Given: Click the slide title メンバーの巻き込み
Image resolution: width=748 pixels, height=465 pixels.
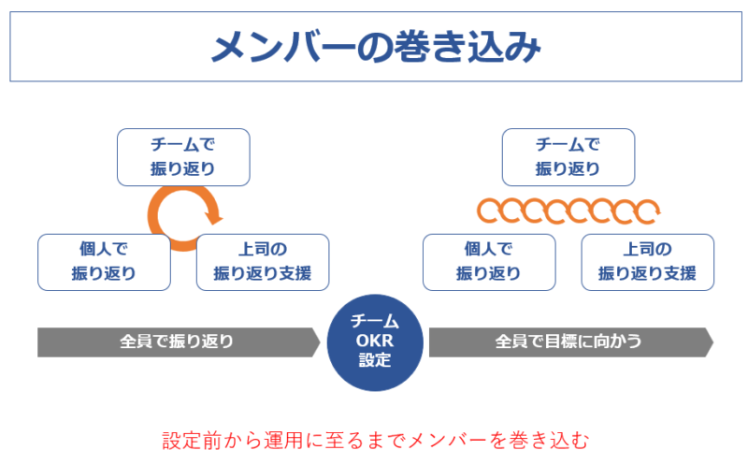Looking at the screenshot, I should tap(375, 47).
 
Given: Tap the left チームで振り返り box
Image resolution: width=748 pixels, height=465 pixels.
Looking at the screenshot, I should tap(183, 157).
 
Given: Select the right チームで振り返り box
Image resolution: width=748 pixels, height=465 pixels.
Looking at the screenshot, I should tap(568, 157).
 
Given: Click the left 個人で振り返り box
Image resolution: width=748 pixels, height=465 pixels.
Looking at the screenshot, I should tap(104, 262).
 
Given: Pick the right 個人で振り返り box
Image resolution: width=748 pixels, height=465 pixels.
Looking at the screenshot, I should tap(488, 262).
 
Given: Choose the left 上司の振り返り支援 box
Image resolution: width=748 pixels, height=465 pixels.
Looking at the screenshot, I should tap(263, 262).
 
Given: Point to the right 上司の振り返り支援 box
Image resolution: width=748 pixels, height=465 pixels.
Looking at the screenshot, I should tap(647, 262).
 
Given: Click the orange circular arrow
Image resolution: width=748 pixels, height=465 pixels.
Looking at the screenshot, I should tap(155, 214).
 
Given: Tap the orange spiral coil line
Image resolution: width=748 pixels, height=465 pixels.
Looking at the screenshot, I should tap(568, 211).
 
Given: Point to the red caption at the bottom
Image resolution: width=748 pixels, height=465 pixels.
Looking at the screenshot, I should tap(375, 439).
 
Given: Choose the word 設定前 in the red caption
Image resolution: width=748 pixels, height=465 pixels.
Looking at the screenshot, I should tap(188, 439).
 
